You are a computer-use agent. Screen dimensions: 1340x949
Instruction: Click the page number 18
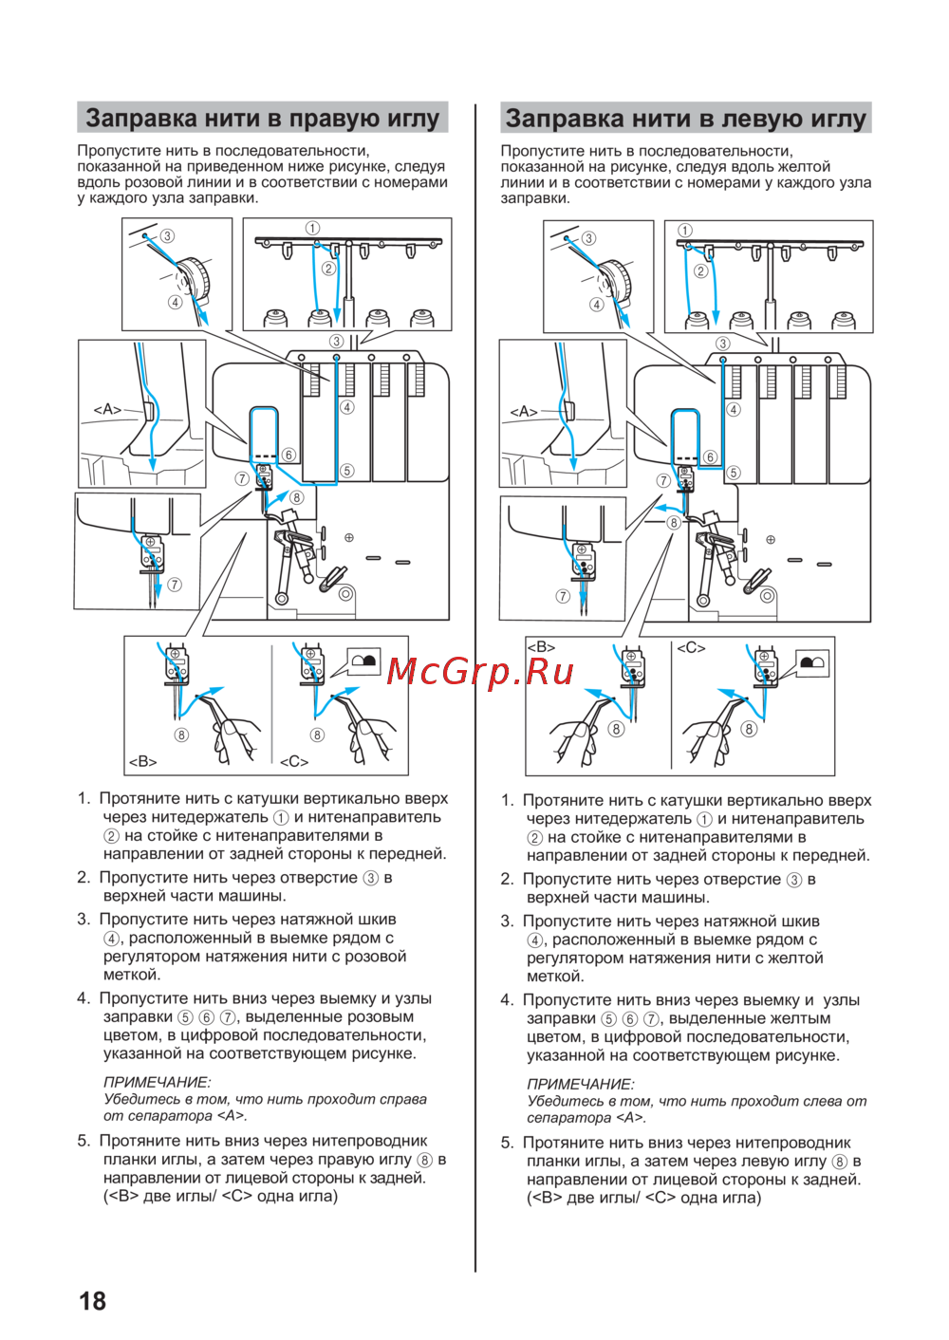(92, 1300)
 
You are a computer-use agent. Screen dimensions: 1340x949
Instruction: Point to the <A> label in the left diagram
(107, 409)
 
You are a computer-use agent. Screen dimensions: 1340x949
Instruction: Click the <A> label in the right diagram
(524, 411)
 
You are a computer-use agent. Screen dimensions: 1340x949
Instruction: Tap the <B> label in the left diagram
(143, 761)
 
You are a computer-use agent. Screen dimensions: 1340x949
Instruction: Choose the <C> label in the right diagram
(691, 647)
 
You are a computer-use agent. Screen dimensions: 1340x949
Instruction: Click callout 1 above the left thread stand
(312, 228)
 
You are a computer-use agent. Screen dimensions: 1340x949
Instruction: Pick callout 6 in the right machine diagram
(710, 456)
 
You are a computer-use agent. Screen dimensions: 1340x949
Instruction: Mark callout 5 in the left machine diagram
(347, 471)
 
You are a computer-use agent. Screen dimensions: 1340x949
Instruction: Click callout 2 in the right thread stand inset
(701, 270)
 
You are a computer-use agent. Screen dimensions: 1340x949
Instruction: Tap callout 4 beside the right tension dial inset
(596, 305)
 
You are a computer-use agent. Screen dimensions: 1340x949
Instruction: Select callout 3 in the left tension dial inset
(167, 236)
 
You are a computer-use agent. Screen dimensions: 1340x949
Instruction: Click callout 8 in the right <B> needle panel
(617, 729)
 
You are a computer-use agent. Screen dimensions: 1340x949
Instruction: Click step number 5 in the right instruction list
(507, 1143)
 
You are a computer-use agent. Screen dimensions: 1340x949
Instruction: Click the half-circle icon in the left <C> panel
(363, 661)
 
